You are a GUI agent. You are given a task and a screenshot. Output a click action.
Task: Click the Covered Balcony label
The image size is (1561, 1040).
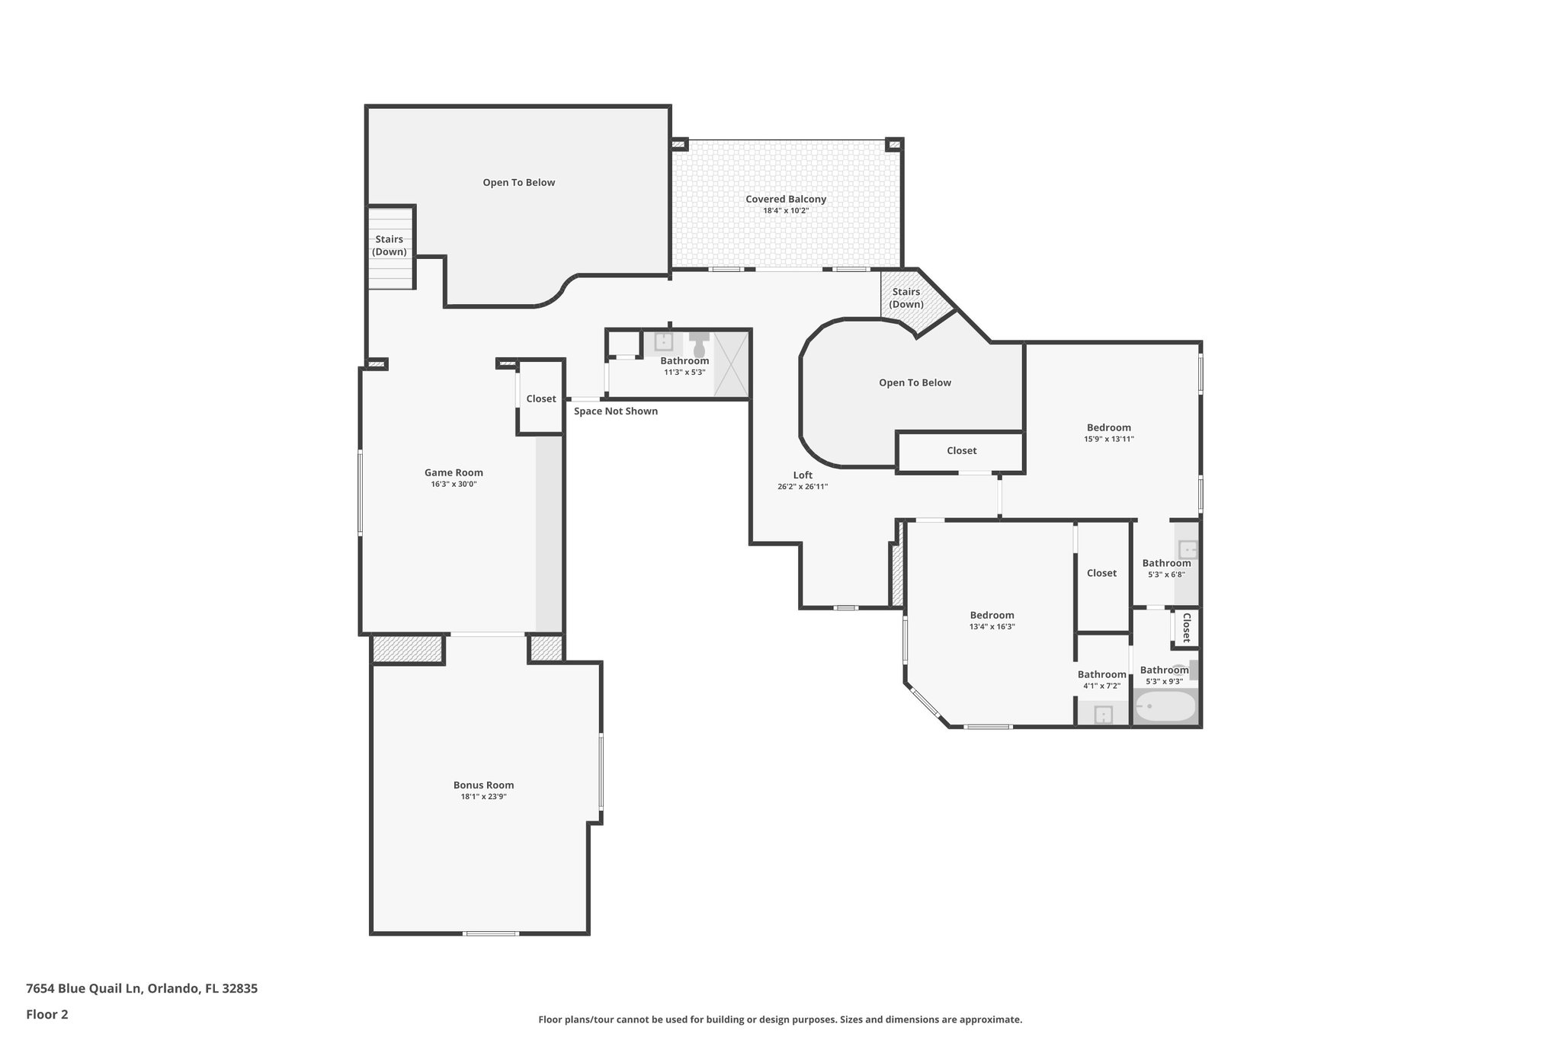click(785, 200)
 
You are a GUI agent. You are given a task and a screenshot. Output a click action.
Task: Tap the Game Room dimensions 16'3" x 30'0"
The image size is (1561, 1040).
click(454, 484)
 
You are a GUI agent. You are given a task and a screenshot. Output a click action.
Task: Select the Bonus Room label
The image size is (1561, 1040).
click(483, 785)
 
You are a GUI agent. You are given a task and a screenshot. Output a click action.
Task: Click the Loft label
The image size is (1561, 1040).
click(803, 475)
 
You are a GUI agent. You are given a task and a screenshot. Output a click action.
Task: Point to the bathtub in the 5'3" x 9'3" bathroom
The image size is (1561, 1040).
click(1165, 706)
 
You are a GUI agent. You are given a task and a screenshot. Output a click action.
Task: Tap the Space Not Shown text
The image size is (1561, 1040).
click(615, 411)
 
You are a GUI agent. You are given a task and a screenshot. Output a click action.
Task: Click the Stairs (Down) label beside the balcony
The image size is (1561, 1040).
click(906, 298)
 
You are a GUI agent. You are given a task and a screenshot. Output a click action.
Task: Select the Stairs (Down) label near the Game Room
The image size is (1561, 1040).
click(389, 245)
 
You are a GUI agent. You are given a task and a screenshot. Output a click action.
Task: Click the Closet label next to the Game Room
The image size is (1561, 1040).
click(541, 398)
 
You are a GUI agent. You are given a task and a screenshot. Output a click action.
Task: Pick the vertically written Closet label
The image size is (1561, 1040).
click(1186, 628)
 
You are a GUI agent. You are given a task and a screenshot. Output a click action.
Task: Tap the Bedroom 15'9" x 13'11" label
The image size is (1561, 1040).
click(1108, 427)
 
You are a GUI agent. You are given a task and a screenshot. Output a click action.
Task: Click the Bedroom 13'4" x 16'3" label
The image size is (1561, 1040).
click(992, 616)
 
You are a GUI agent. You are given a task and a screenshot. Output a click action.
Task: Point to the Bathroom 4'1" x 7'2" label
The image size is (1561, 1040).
click(1101, 674)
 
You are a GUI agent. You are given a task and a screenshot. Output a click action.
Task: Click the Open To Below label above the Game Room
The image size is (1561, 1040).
click(518, 183)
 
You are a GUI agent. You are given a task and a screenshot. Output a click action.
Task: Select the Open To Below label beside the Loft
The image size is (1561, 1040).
click(915, 382)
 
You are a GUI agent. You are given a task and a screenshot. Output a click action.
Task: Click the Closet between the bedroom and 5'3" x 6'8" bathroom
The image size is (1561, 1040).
click(1101, 573)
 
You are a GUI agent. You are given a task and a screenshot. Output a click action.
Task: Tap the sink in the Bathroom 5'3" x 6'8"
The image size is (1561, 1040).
click(1188, 549)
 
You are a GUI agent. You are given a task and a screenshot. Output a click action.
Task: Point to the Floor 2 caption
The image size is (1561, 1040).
click(47, 1014)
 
